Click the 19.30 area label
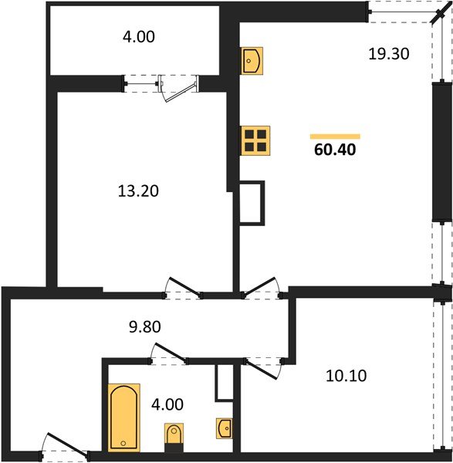coord(388,54)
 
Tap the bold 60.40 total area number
coord(335,150)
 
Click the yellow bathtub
coord(124,416)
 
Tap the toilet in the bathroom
coord(175,436)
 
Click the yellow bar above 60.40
coord(335,136)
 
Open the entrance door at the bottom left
coord(65,451)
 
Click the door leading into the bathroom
coord(168,353)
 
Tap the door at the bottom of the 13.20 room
coord(184,287)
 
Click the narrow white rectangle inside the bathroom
coord(224,382)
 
